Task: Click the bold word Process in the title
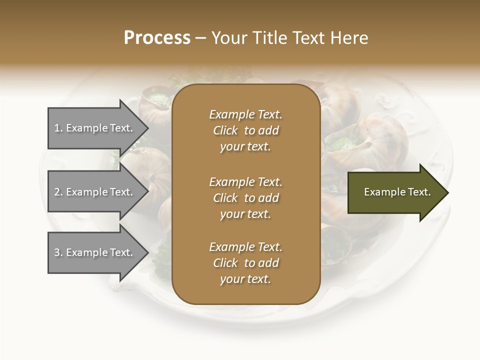(157, 38)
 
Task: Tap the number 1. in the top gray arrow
(58, 128)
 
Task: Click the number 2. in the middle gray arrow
(58, 192)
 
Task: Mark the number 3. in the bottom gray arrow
(58, 252)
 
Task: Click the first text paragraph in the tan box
(245, 130)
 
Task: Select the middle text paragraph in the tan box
(245, 197)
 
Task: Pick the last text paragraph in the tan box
(245, 263)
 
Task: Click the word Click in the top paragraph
(225, 130)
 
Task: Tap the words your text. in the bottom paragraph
(245, 279)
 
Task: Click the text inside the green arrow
(397, 192)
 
